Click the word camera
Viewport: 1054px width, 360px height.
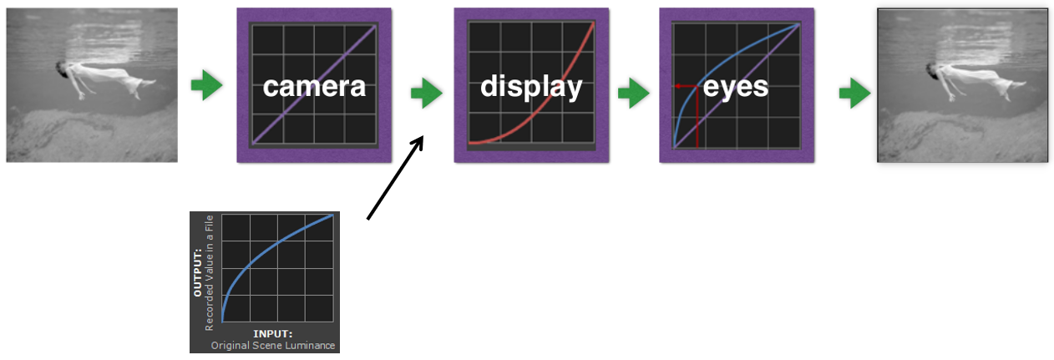(314, 85)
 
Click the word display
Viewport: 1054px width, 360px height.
(530, 86)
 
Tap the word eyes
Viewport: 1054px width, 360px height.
(735, 85)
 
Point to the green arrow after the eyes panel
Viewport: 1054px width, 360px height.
(854, 94)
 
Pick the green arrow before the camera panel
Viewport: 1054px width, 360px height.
(206, 85)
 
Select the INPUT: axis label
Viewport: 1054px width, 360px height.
(272, 334)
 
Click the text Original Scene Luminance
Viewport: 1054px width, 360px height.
(273, 345)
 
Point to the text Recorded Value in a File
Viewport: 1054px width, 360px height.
(210, 272)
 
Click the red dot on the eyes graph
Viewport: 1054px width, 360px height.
(677, 86)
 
